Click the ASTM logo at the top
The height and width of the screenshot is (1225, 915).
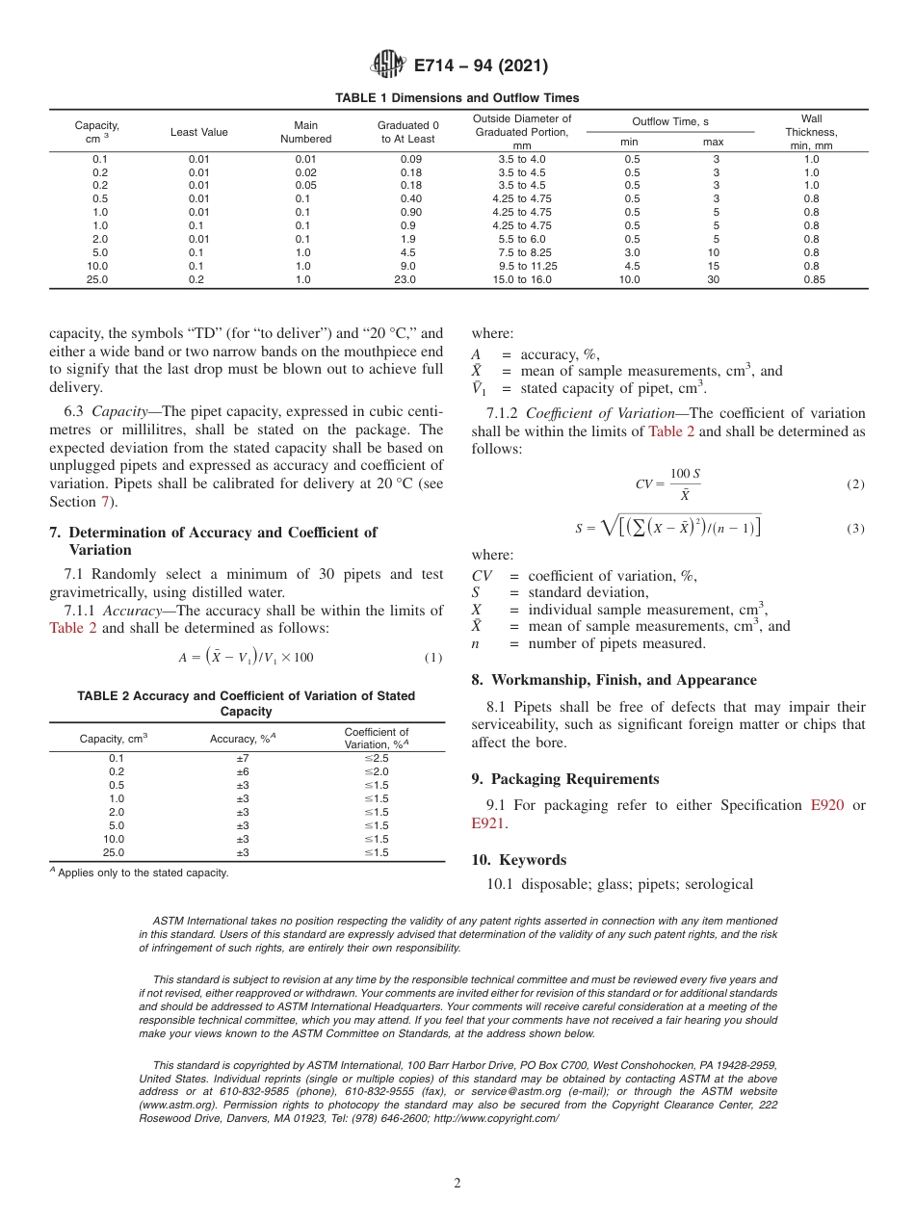388,65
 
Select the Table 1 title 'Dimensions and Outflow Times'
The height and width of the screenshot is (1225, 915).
457,98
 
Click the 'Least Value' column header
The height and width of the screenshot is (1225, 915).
199,132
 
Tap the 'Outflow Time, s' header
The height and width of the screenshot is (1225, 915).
670,121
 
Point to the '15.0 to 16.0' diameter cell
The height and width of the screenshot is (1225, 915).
522,280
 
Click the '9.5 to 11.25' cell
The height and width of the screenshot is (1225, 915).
528,267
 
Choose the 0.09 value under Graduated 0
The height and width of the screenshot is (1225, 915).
410,159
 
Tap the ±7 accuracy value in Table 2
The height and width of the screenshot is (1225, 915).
243,758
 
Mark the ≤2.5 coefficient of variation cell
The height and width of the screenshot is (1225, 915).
376,758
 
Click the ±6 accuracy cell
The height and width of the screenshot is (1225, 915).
243,771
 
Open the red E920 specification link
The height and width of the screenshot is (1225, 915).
827,805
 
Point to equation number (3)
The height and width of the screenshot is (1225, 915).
855,529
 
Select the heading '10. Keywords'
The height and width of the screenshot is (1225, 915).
518,860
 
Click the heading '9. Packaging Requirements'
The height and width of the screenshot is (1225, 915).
565,779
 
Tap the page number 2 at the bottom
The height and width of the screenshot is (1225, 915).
457,1184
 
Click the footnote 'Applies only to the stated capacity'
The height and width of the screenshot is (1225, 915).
142,873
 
